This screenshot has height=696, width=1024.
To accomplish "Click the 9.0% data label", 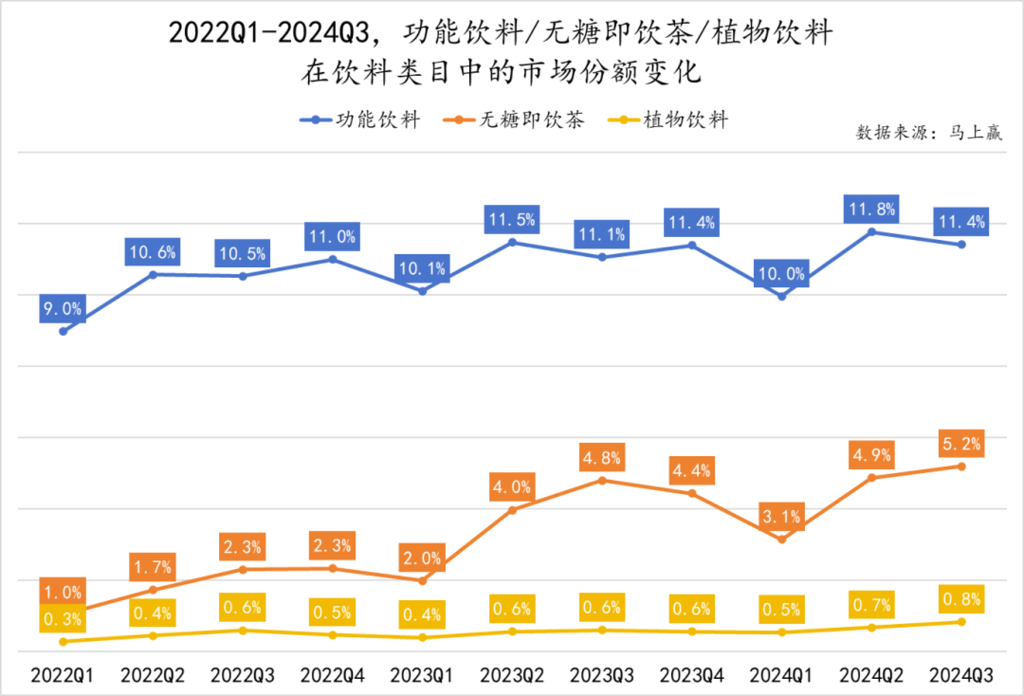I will (x=62, y=309).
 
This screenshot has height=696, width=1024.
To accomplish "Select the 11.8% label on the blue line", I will (x=871, y=209).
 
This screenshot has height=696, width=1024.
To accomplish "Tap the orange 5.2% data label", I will (x=962, y=444).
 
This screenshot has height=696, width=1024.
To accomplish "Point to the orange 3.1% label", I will (x=782, y=517).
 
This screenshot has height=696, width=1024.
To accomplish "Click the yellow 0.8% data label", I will (x=962, y=599).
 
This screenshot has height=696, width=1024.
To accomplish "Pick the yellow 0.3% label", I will (x=62, y=619).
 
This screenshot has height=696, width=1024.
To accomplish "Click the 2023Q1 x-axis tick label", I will (x=422, y=676).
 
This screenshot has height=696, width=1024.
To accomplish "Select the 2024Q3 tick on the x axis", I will (x=962, y=676).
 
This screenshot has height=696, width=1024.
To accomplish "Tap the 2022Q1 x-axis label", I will (x=62, y=676).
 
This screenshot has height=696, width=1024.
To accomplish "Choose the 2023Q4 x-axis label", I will (x=692, y=676).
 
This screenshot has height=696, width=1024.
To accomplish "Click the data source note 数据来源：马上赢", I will (x=929, y=132).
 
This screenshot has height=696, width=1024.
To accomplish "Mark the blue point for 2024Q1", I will (x=782, y=296).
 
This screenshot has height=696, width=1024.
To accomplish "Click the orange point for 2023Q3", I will (x=602, y=480).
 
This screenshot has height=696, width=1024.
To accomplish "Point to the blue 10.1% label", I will (x=422, y=269).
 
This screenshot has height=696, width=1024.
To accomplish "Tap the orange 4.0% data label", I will (x=512, y=487).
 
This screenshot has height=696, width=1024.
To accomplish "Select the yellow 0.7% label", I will (x=871, y=605).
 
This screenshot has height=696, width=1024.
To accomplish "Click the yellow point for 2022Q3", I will (x=243, y=630).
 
